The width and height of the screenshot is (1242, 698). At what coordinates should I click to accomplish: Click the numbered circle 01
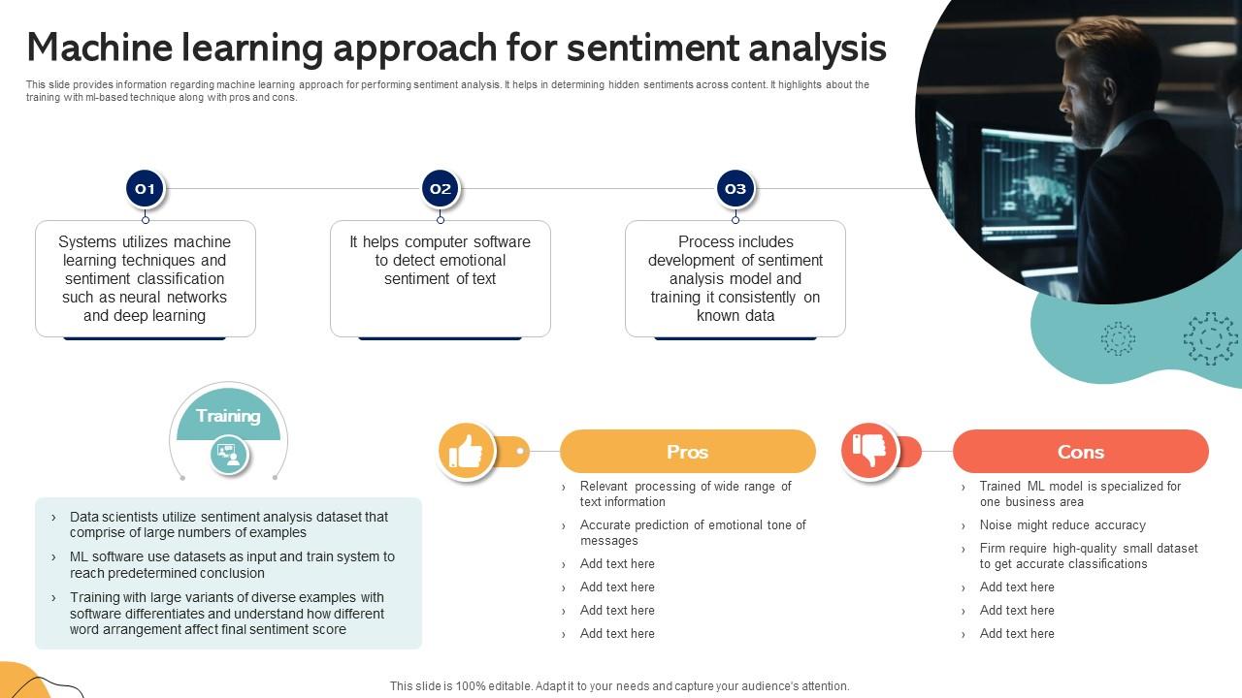pos(145,189)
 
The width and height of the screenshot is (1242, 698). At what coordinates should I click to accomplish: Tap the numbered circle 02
pos(441,189)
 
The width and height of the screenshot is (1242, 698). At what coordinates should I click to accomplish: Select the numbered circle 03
pos(735,189)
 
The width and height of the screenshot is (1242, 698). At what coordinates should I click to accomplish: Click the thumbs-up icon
pos(467,452)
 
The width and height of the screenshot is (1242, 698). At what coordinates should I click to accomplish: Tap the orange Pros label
pos(687,452)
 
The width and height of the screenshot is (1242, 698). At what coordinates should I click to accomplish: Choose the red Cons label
pos(1080,452)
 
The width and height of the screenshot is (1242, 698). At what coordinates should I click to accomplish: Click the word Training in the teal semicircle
pos(228,416)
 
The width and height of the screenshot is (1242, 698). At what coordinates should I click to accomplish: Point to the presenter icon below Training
pos(229,455)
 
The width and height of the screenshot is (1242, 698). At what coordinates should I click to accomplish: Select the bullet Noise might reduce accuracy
pos(1062,525)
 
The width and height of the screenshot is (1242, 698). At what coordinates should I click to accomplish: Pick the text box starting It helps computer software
pos(440,261)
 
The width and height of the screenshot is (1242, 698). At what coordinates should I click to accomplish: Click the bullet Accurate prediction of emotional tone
pos(692,533)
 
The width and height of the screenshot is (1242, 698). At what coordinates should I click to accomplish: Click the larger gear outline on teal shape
pos(1210,338)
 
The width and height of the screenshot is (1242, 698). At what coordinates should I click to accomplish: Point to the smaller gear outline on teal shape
pos(1118,338)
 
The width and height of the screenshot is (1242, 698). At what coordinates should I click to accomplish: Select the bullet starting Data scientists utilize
pos(228,524)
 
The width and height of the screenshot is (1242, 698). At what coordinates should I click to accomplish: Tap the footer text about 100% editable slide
pos(619,685)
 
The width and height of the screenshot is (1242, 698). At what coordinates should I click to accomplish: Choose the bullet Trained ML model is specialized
pos(1079,494)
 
